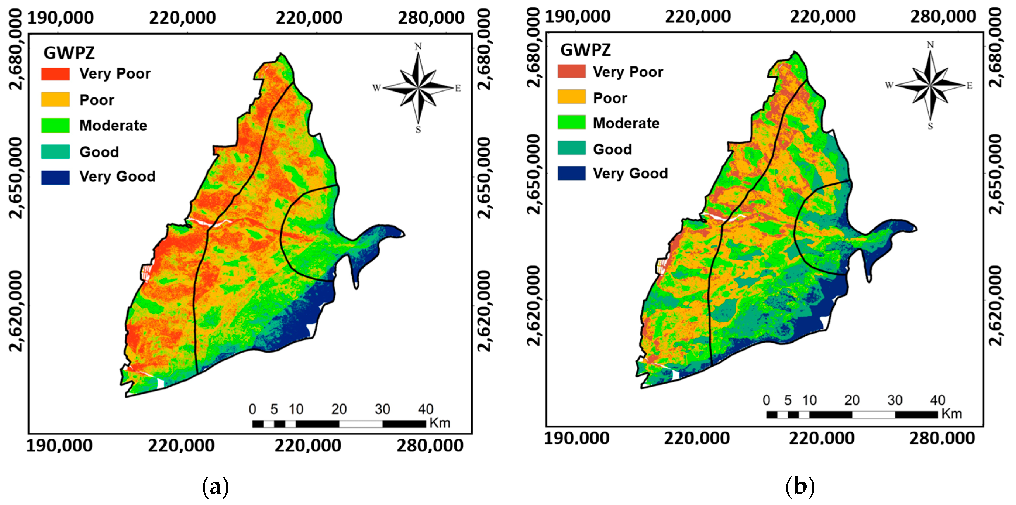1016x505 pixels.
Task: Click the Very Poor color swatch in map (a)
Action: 55,74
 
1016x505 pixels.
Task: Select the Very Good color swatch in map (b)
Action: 571,173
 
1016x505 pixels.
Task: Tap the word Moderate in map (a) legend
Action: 113,126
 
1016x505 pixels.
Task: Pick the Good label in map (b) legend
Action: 612,149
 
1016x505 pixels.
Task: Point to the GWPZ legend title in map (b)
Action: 585,50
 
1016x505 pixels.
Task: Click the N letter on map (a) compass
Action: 418,47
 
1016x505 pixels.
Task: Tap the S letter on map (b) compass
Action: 930,126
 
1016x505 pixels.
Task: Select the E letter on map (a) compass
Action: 458,88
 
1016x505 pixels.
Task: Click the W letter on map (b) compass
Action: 889,85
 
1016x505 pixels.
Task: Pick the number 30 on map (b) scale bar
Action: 895,401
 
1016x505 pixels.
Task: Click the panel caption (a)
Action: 215,487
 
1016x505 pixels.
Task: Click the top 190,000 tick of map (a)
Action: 60,18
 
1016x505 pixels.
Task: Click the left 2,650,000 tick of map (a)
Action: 16,178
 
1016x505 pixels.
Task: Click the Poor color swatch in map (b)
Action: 571,97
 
